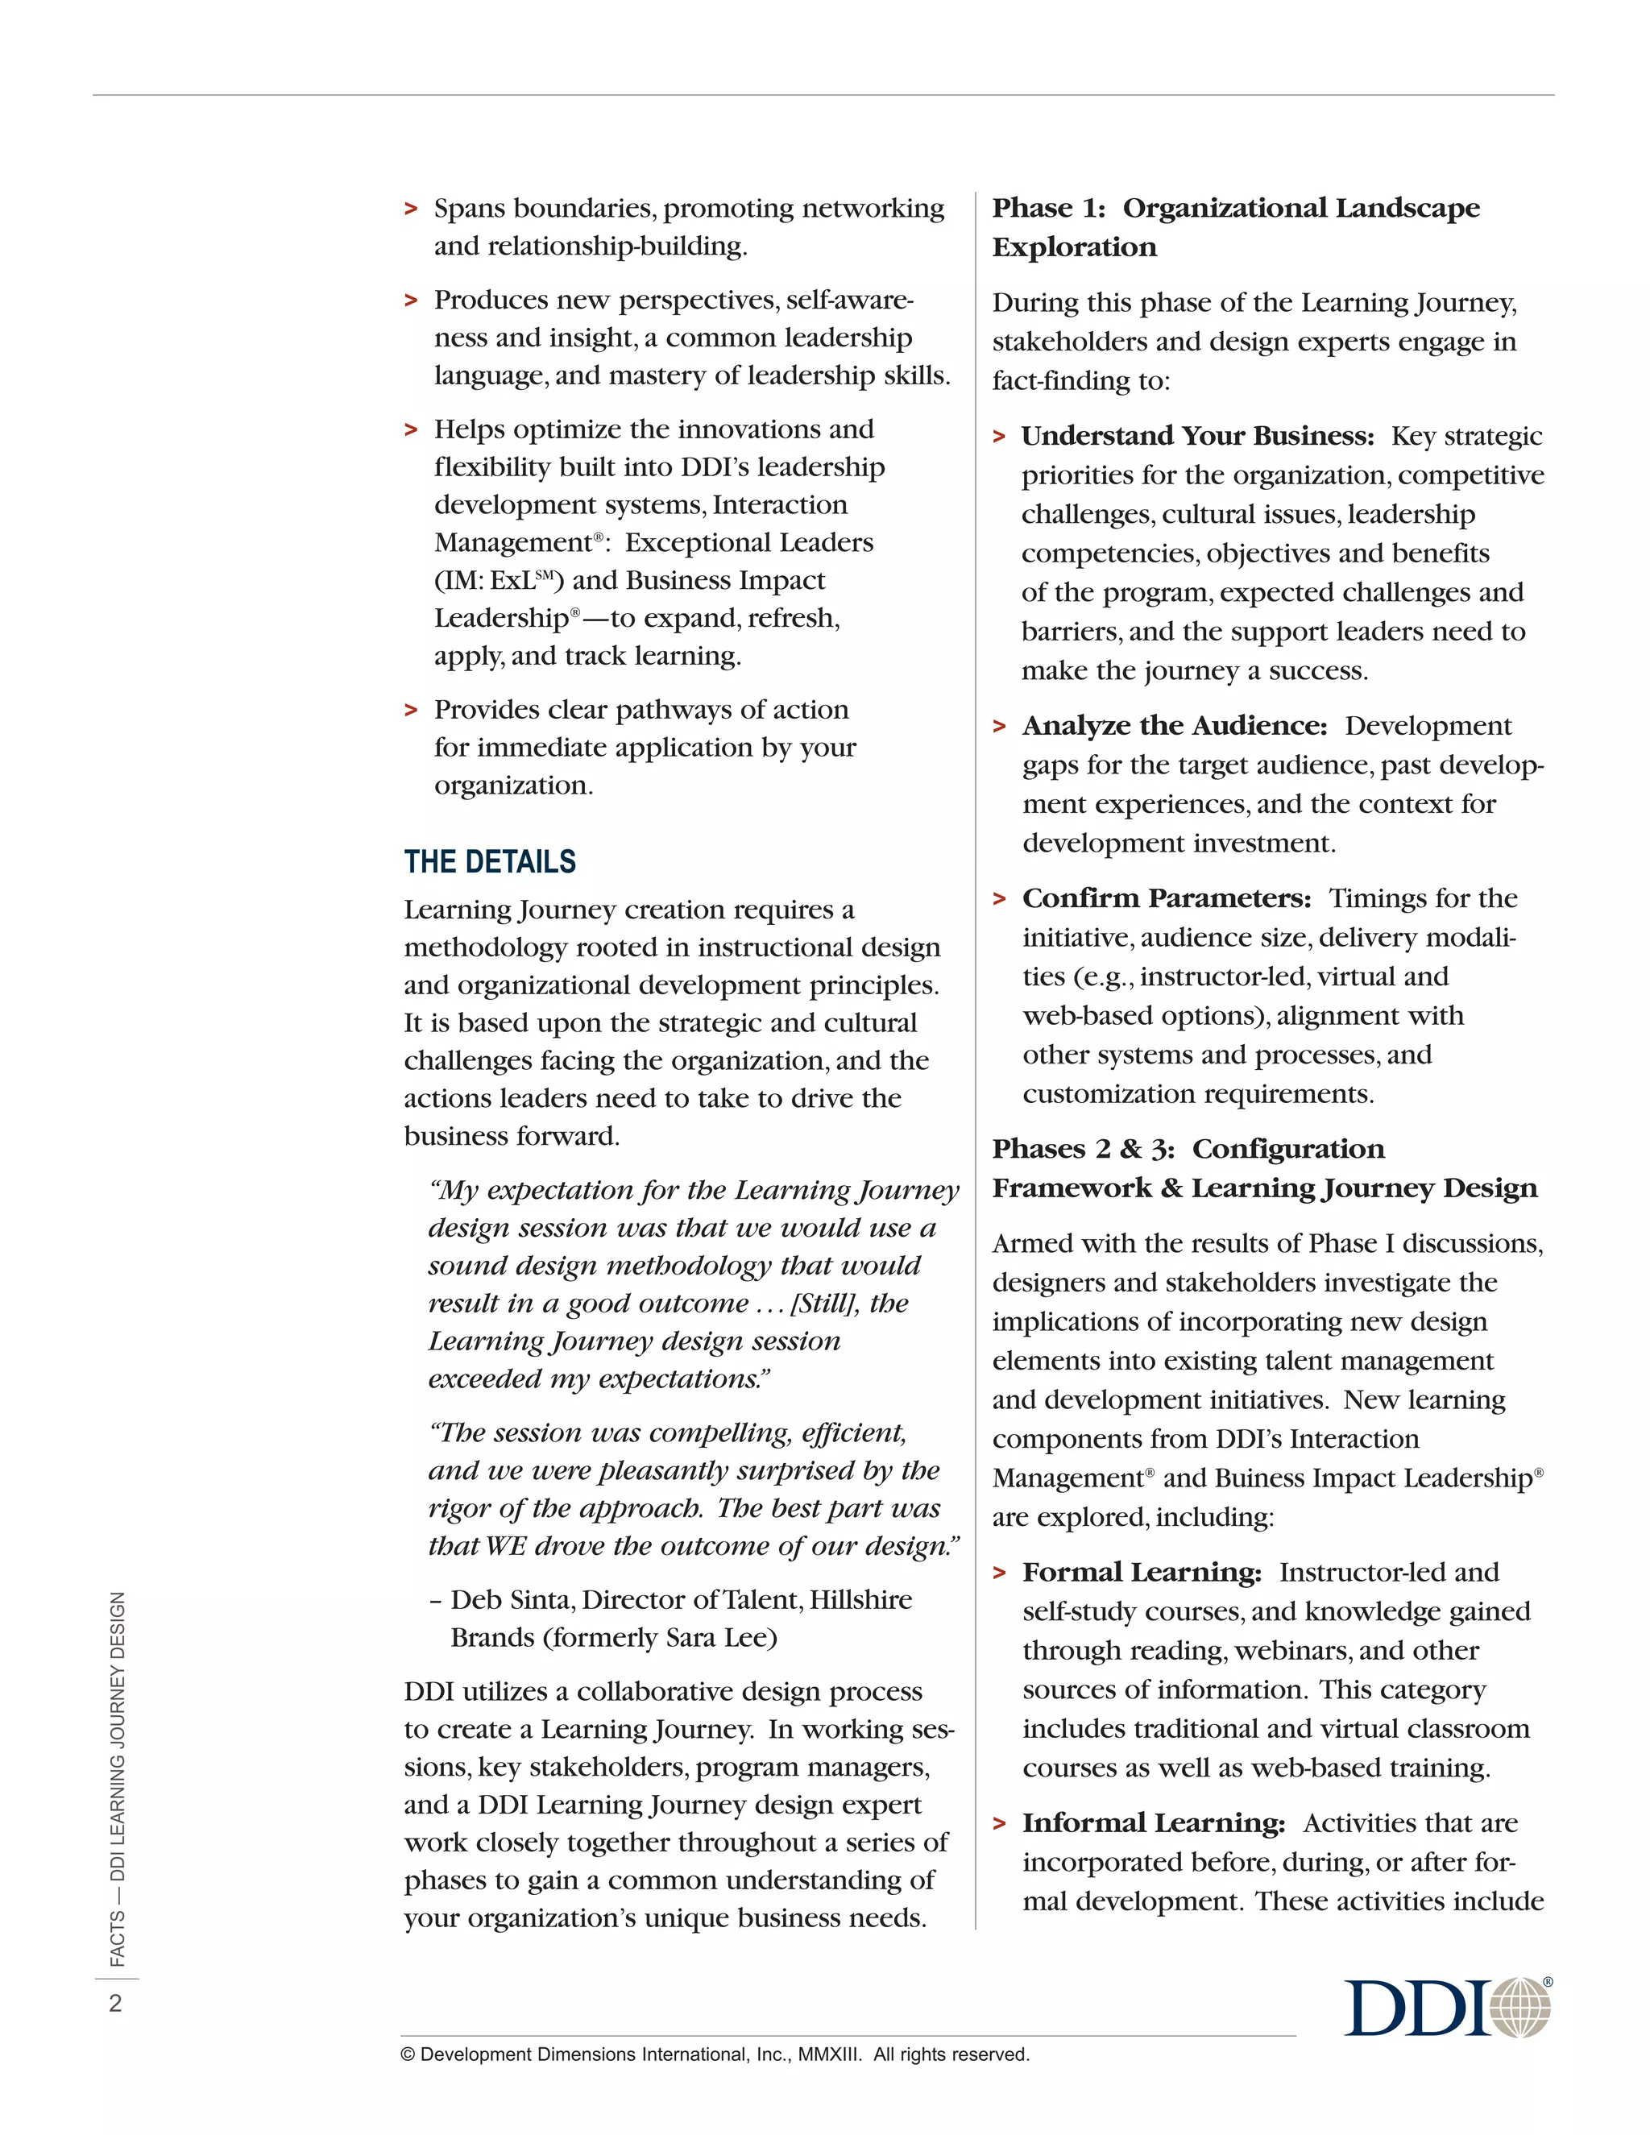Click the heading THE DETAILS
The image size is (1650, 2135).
[x=490, y=861]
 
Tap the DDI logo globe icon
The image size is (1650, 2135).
[x=1521, y=2008]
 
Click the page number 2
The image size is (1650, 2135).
[x=115, y=2003]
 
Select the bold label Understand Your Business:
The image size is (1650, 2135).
[x=1197, y=436]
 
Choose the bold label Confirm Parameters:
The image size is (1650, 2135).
[x=1166, y=898]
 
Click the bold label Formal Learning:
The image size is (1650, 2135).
[x=1142, y=1572]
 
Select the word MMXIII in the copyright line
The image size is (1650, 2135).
[x=829, y=2055]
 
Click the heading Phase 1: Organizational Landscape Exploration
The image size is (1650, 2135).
[x=1236, y=227]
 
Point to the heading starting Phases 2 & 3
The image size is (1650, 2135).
[x=1264, y=1168]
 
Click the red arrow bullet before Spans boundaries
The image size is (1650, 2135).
[x=412, y=209]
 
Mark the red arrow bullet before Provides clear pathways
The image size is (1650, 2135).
[x=412, y=710]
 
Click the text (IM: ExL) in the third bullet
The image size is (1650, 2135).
[x=499, y=581]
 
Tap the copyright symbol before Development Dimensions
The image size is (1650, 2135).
[x=408, y=2055]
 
